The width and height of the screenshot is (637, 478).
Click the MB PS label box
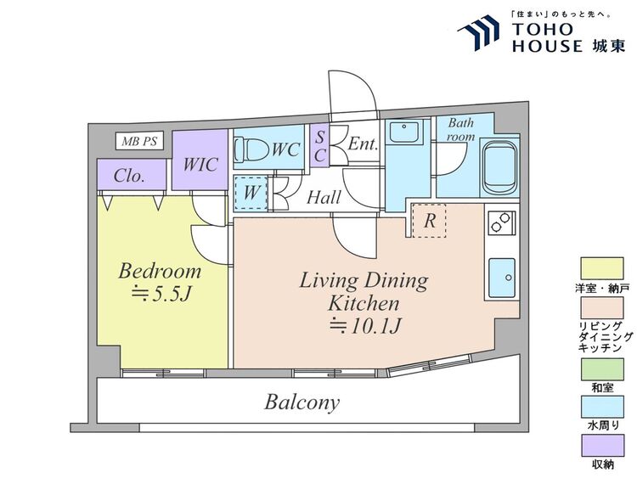coord(139,141)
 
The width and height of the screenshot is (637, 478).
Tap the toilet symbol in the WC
coord(252,149)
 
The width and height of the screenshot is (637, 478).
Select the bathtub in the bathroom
coord(499,167)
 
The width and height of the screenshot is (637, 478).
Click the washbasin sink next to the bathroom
coord(404,132)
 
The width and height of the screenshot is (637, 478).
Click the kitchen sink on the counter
coord(502,278)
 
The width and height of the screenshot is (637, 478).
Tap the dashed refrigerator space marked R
coord(430,221)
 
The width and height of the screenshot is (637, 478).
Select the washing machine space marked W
coord(251,193)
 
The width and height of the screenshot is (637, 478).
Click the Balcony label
coord(302,402)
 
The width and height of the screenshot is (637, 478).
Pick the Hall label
coord(324,197)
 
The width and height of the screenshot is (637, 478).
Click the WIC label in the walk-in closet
coord(200,165)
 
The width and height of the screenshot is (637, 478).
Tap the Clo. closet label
coord(129,176)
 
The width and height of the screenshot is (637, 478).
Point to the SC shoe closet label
coord(320,146)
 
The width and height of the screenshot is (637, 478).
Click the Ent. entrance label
coord(364,143)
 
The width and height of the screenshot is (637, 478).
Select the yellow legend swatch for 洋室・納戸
coord(602,268)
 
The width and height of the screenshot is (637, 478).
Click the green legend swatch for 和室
coord(602,369)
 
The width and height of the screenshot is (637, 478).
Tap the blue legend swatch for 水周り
coord(602,408)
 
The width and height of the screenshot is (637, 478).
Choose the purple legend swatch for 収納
coord(602,446)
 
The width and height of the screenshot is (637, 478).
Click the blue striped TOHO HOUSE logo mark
coord(478,31)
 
